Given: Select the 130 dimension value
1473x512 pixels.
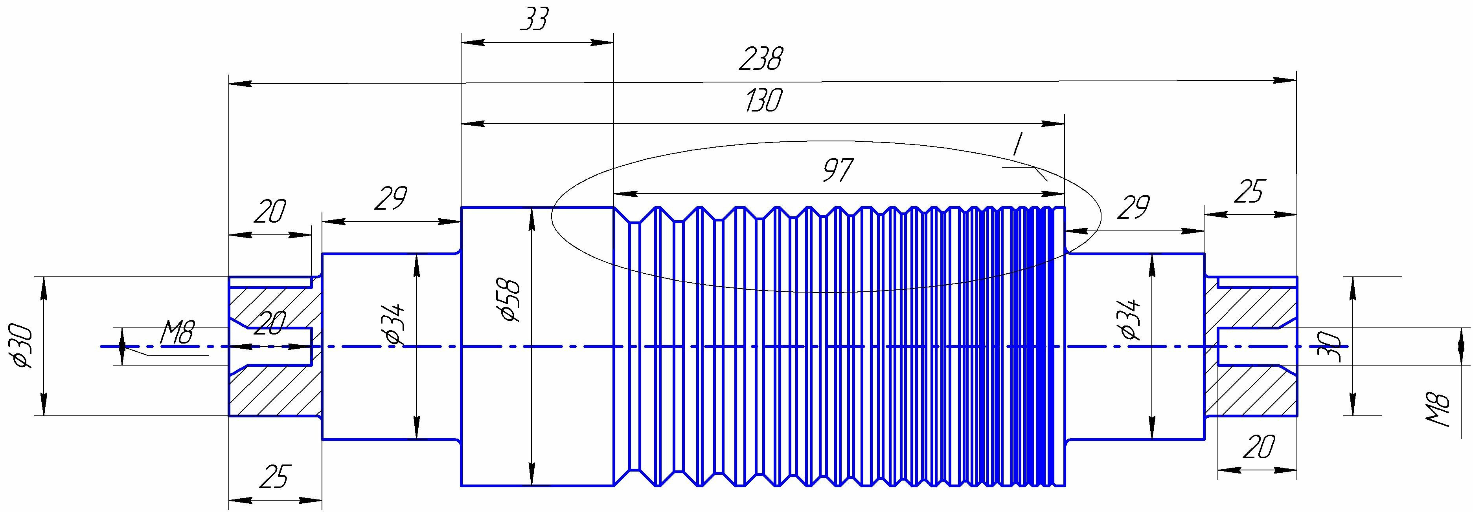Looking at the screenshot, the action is (x=763, y=101).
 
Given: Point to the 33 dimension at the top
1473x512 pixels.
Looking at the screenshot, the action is (x=535, y=20).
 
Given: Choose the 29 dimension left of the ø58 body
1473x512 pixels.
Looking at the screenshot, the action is (x=391, y=198).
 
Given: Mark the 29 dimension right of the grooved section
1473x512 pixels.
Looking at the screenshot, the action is (x=1133, y=208).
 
